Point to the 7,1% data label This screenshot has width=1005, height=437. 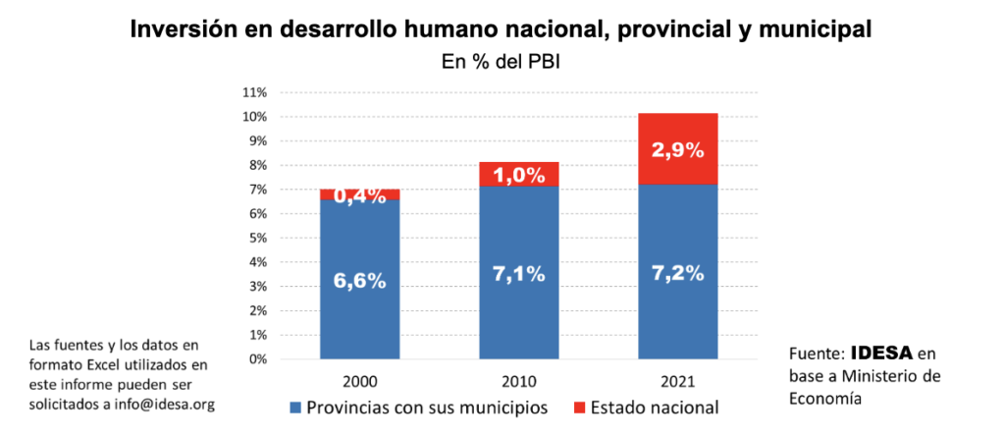[x=518, y=274]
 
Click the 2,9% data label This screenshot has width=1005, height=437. [x=677, y=150]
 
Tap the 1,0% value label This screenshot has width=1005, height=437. [x=518, y=176]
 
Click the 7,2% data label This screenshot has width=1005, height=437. [x=677, y=273]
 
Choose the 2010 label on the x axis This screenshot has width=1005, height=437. [x=518, y=378]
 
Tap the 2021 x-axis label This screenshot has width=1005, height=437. [x=677, y=378]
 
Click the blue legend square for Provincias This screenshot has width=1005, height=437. [x=295, y=407]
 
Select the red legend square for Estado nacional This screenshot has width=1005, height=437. [x=580, y=407]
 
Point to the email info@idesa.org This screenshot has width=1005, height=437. [x=165, y=405]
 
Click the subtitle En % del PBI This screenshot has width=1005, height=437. [x=501, y=61]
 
